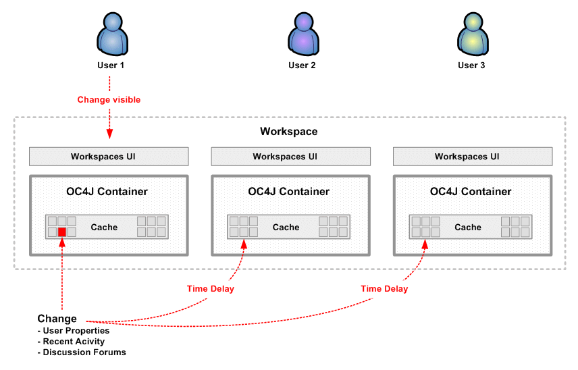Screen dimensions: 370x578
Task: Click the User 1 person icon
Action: click(x=111, y=34)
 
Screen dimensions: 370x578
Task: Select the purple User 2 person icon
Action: click(x=302, y=34)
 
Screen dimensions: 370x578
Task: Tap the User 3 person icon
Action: click(x=471, y=34)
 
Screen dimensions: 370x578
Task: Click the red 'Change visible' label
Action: click(x=109, y=100)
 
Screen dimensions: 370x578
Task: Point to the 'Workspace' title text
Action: click(x=288, y=132)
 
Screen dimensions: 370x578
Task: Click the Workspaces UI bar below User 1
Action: click(x=109, y=157)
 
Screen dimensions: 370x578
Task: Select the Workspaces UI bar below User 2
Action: click(x=290, y=157)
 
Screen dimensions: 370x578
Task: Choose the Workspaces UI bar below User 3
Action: click(x=473, y=157)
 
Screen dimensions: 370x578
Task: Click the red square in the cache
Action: click(x=62, y=232)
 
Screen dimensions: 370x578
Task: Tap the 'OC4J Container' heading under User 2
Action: click(x=288, y=192)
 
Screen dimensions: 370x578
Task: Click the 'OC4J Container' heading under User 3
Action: click(x=471, y=192)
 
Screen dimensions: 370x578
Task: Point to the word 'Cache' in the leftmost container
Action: click(x=104, y=228)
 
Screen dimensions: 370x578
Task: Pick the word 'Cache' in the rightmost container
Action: click(x=467, y=228)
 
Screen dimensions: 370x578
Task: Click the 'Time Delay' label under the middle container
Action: click(x=211, y=289)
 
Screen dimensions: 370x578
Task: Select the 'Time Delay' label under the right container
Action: click(x=384, y=289)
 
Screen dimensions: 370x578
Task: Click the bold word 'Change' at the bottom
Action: click(x=57, y=319)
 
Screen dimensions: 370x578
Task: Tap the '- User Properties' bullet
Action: click(x=74, y=331)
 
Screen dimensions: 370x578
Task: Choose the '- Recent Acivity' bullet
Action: click(x=72, y=342)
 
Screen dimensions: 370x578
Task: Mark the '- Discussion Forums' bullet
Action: click(x=82, y=352)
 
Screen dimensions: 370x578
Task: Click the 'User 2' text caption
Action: click(x=302, y=65)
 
